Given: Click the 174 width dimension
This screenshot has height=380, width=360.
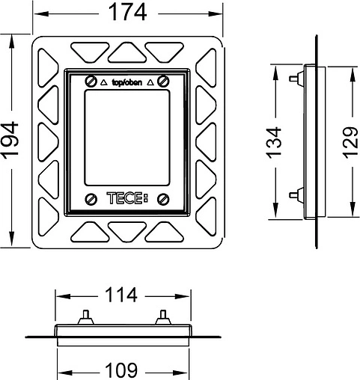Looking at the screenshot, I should pyautogui.click(x=129, y=13).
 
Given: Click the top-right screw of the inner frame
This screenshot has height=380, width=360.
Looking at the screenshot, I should pyautogui.click(x=165, y=80).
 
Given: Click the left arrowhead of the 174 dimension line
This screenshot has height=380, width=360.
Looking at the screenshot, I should pyautogui.click(x=36, y=13).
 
